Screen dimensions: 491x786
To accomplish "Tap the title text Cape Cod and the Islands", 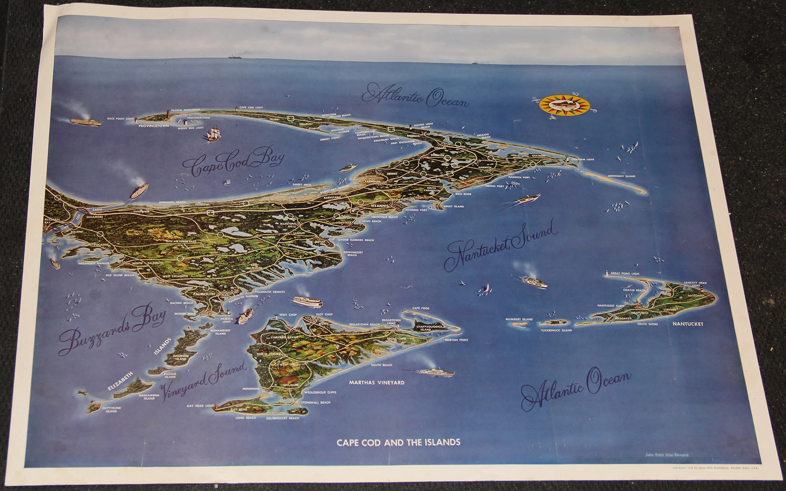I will click(398, 442).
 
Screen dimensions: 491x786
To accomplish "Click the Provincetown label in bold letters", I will click(154, 126).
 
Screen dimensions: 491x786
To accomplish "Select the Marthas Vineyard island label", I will click(376, 382).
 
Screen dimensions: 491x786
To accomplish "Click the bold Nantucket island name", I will click(687, 324).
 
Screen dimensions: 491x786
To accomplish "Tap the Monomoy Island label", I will click(621, 176).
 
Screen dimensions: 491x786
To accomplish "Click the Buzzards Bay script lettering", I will click(112, 331).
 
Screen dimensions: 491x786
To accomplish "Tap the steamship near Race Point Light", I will click(85, 121).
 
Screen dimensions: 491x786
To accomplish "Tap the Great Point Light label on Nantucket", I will click(625, 274).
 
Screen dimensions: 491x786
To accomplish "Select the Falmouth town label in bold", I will click(204, 294).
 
